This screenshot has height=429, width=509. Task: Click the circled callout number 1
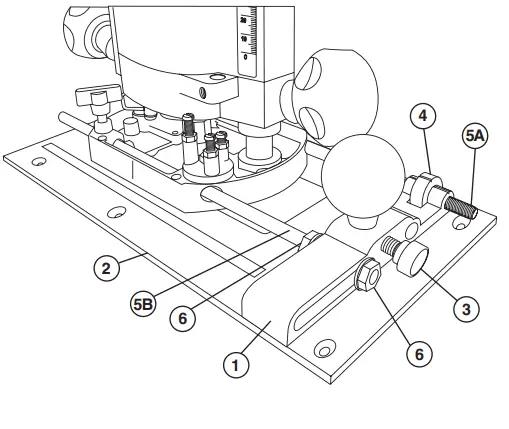coord(235,366)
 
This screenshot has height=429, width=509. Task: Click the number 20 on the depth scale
coord(246,20)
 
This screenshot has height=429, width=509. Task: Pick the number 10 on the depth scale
coord(246,37)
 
